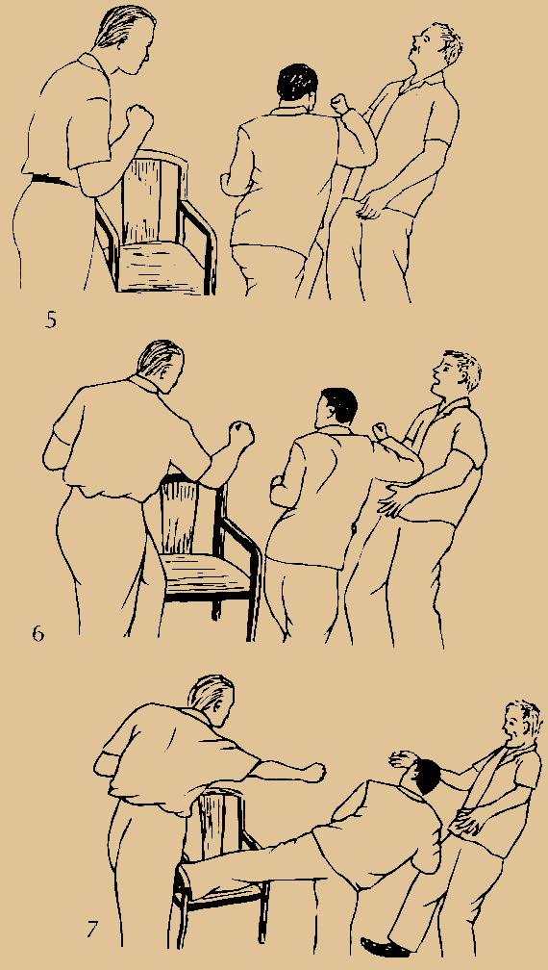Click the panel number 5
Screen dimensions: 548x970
(51, 319)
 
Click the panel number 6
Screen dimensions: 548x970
(38, 634)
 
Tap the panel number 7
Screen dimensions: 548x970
(92, 929)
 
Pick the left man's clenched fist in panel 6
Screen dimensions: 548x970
(241, 433)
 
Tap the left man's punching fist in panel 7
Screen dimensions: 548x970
(313, 773)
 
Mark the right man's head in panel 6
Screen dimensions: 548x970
(456, 374)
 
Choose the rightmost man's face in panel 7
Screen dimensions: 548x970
(514, 727)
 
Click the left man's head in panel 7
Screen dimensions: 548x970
(212, 701)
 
